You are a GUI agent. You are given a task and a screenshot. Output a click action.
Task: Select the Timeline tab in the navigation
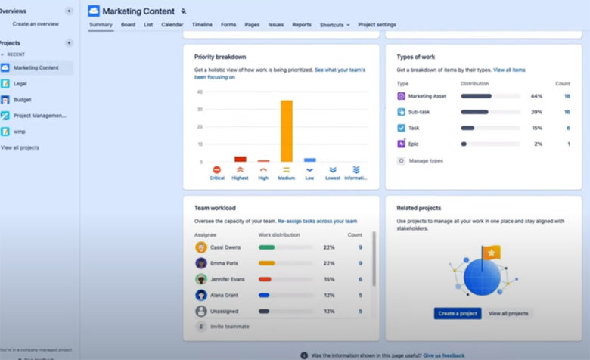point(202,25)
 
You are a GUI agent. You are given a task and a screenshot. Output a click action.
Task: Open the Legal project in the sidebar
point(20,83)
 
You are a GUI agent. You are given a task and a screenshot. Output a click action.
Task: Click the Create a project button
point(457,313)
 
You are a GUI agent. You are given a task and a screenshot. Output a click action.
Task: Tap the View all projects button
point(508,313)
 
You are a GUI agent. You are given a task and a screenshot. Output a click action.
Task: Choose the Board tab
point(129,25)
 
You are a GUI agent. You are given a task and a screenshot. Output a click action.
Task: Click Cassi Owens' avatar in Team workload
point(201,247)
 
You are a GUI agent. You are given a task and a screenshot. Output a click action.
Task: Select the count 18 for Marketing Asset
point(567,96)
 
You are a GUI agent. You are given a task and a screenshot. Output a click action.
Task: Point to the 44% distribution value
point(536,96)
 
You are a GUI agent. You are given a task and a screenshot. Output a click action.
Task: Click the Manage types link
point(425,160)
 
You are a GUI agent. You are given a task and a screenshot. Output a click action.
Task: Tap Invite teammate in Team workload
point(230,326)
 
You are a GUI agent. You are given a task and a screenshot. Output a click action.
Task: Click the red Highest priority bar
point(241,159)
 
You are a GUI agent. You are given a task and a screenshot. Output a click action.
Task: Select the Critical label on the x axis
point(217,178)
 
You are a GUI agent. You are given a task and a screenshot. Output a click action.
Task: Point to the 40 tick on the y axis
point(200,92)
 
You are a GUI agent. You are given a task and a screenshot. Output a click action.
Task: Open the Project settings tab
point(377,25)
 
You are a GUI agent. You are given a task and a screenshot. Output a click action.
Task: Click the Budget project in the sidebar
point(22,99)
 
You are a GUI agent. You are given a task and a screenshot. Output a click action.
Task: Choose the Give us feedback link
point(443,355)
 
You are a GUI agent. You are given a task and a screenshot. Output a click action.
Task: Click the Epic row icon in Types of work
point(402,144)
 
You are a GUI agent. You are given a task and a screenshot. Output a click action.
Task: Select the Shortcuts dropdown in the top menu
point(334,25)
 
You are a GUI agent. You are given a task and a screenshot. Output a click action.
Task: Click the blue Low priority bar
point(309,160)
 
